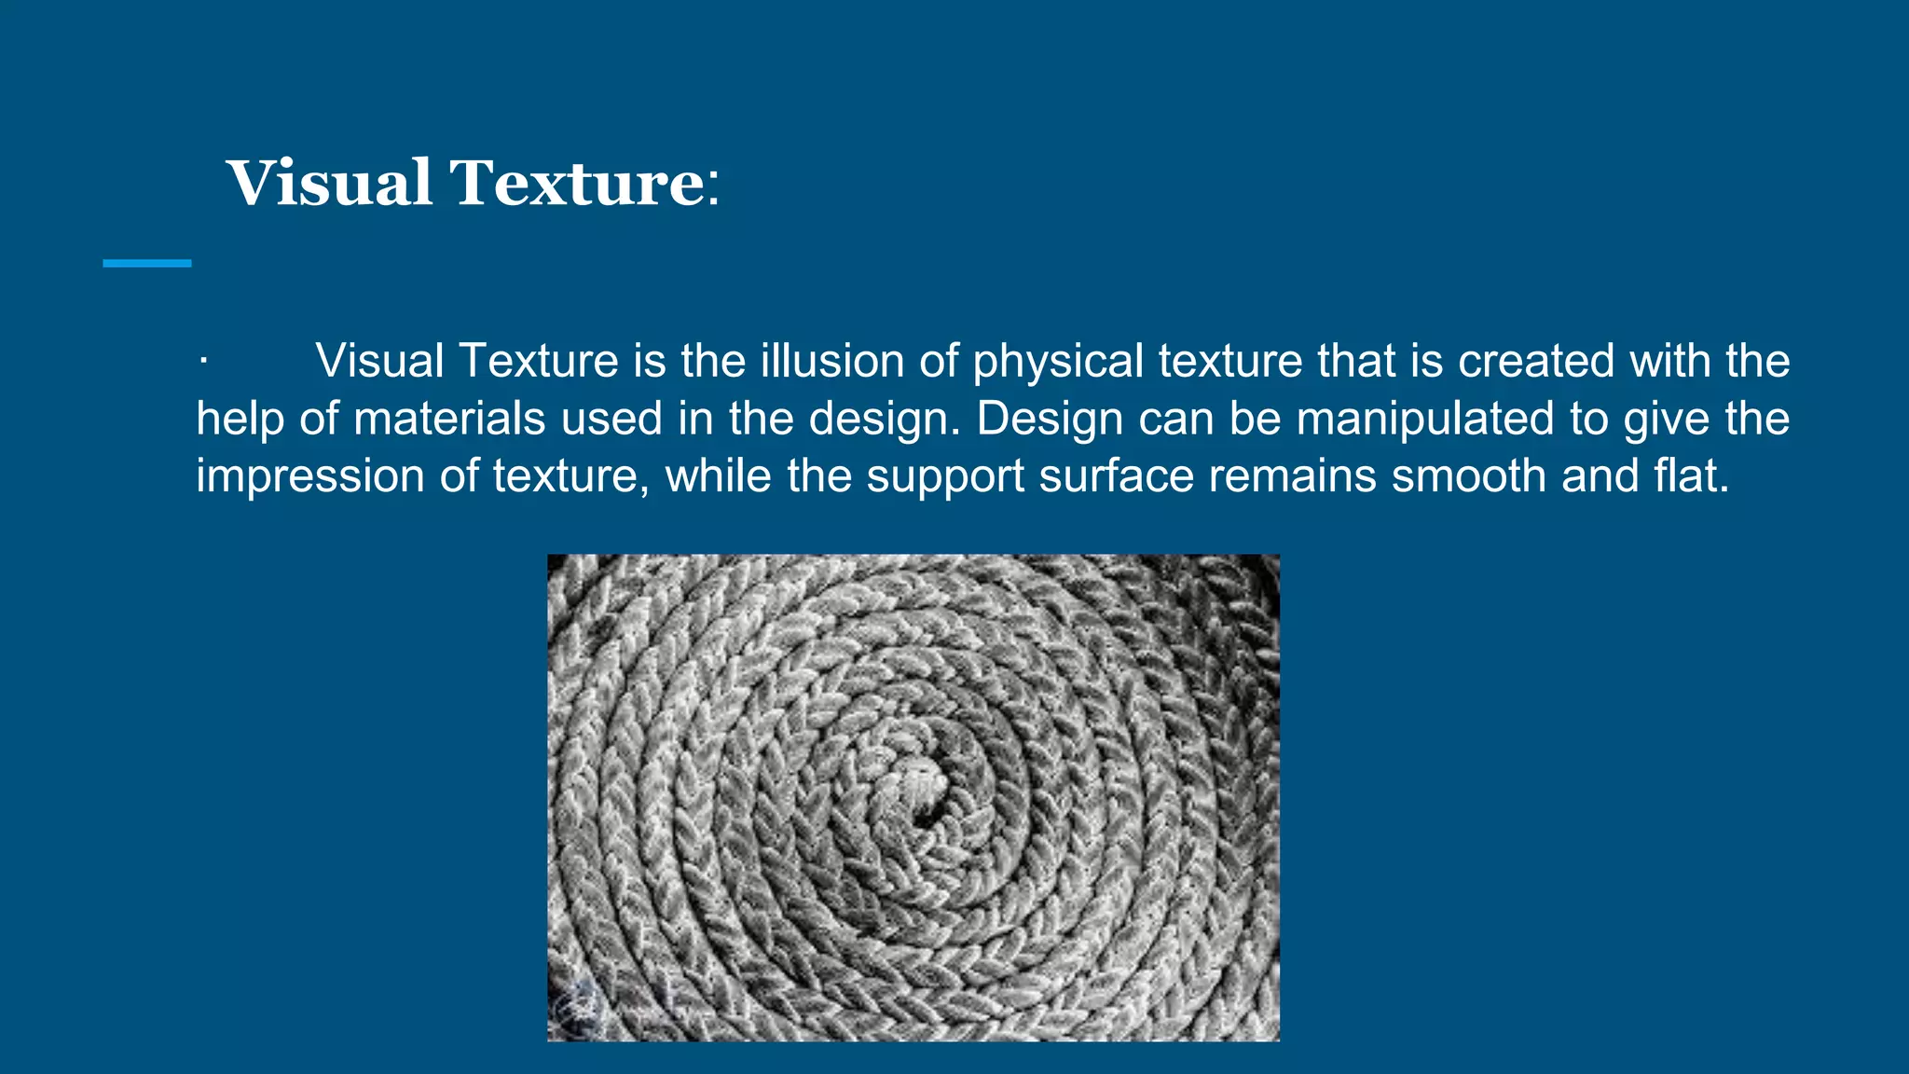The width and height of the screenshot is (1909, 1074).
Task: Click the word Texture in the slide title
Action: [578, 183]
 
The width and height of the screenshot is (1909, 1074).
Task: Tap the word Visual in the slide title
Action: [329, 183]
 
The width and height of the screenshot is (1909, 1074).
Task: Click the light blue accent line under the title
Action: [147, 264]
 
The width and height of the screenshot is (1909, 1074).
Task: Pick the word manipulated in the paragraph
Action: [1425, 420]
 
